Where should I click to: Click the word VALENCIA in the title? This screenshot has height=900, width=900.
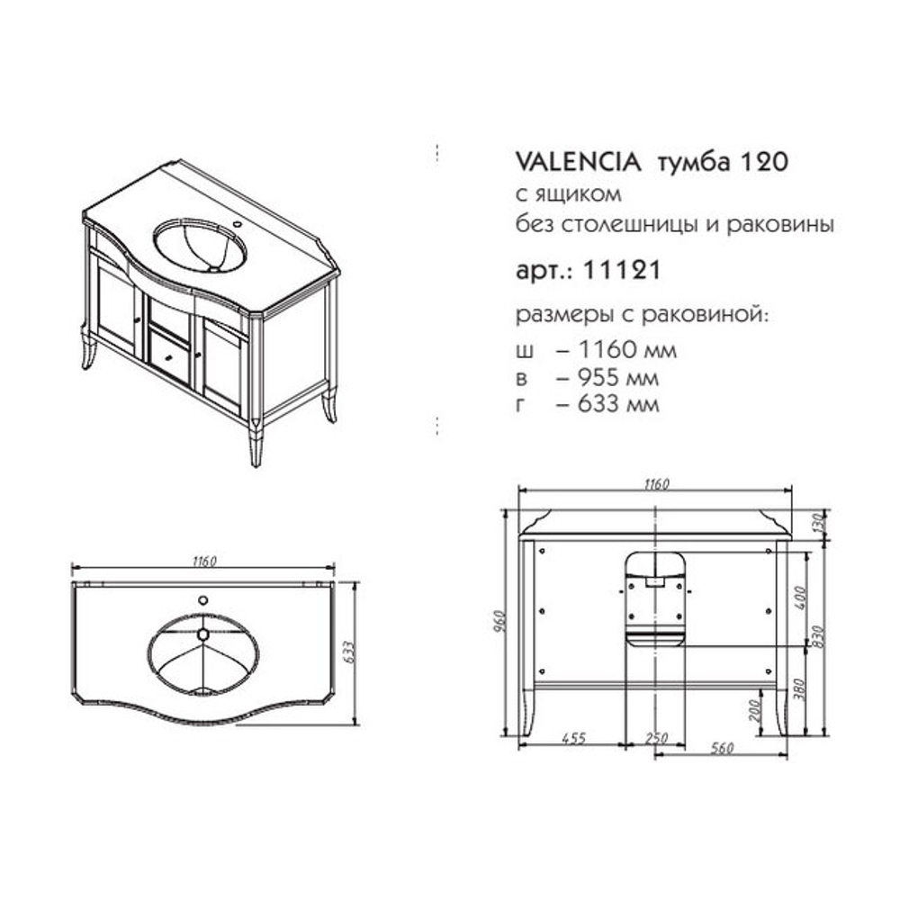pyautogui.click(x=579, y=162)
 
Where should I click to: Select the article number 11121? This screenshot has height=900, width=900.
pyautogui.click(x=622, y=270)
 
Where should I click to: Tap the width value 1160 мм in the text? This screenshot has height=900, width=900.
pyautogui.click(x=627, y=349)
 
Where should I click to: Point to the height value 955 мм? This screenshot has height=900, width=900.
pyautogui.click(x=618, y=378)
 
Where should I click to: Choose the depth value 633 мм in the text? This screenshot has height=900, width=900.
pyautogui.click(x=618, y=404)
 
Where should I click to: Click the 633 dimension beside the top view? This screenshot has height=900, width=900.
pyautogui.click(x=349, y=652)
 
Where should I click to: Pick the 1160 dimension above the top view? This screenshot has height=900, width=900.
pyautogui.click(x=204, y=561)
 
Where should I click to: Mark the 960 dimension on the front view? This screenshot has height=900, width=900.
pyautogui.click(x=499, y=622)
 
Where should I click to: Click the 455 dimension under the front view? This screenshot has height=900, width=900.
pyautogui.click(x=573, y=738)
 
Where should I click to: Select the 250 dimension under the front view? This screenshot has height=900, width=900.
pyautogui.click(x=657, y=739)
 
